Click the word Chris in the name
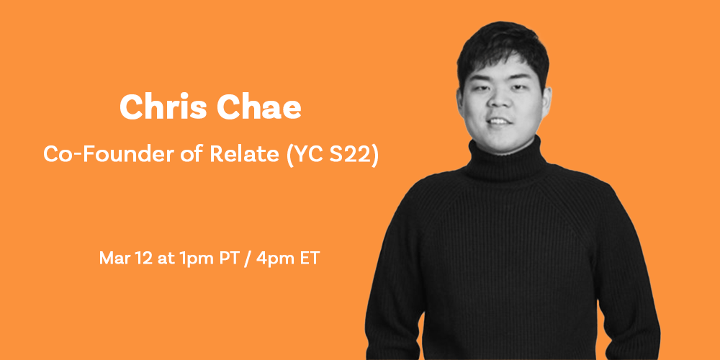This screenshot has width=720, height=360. pyautogui.click(x=163, y=107)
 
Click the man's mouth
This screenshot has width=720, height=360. pyautogui.click(x=500, y=122)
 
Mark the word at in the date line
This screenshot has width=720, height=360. pyautogui.click(x=164, y=258)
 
